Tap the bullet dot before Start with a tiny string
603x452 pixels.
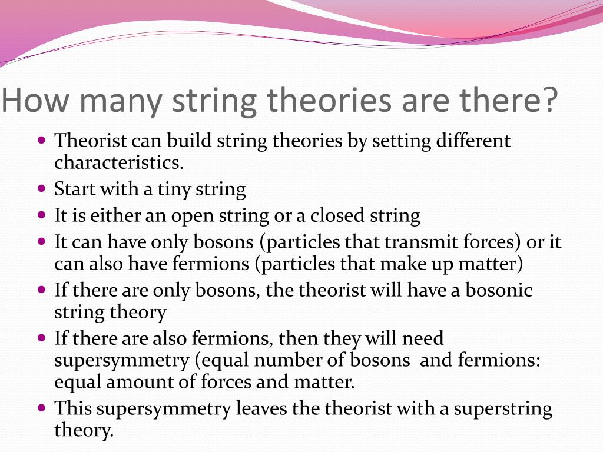[41, 190]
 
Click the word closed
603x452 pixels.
[335, 216]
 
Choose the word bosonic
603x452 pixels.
[502, 291]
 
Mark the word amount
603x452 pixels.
[151, 383]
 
